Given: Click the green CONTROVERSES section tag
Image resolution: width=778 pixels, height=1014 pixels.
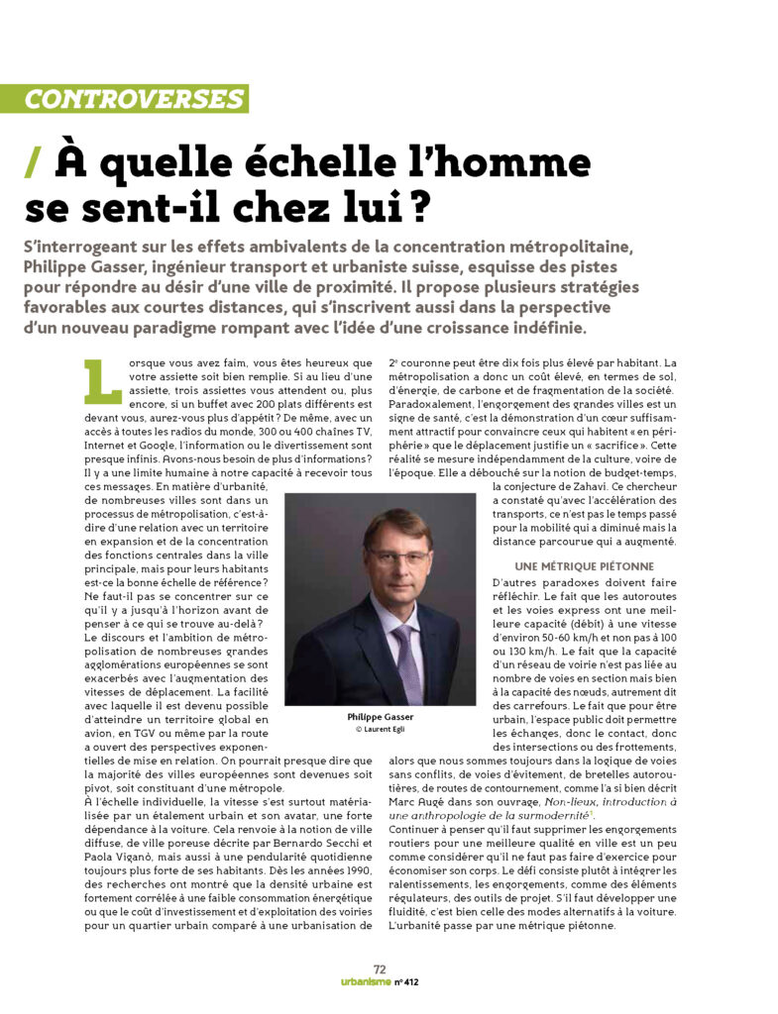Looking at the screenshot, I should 136,99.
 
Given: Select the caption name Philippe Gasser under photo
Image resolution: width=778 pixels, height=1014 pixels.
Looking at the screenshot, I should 381,715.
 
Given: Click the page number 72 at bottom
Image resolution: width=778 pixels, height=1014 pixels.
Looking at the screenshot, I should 380,969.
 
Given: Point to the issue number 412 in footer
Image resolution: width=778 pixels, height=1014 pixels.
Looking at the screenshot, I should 420,983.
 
